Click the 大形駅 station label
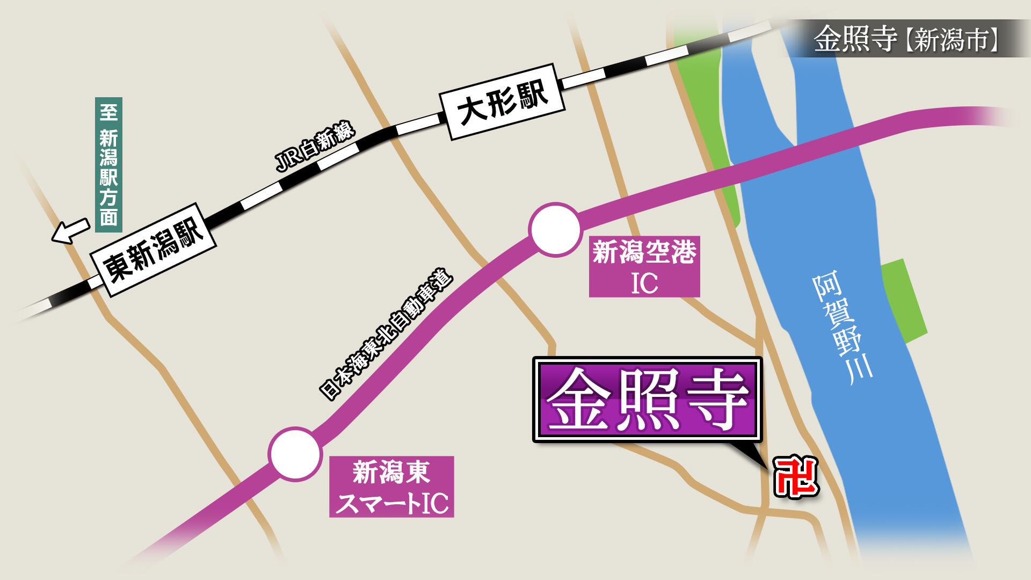click(x=502, y=102)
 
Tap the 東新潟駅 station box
click(x=154, y=250)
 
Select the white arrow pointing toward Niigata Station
click(x=70, y=231)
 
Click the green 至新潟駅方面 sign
click(x=108, y=164)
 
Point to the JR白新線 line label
click(x=315, y=146)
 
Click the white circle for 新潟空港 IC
click(x=555, y=229)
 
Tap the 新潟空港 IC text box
click(x=644, y=267)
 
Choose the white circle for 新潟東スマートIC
click(x=295, y=454)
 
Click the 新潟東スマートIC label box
click(x=391, y=487)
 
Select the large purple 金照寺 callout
click(x=647, y=400)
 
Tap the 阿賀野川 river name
click(x=842, y=328)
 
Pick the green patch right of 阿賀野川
click(x=905, y=301)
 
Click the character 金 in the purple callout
click(x=579, y=400)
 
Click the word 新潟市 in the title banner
click(x=951, y=39)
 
